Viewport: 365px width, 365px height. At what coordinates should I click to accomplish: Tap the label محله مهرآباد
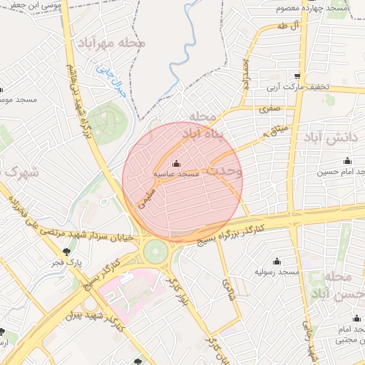pyautogui.click(x=113, y=42)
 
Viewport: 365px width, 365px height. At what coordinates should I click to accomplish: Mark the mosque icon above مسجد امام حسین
pyautogui.click(x=347, y=161)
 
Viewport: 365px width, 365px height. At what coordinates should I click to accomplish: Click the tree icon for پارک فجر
pyautogui.click(x=66, y=251)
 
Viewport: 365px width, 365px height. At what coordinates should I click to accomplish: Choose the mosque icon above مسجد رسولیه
pyautogui.click(x=277, y=262)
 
